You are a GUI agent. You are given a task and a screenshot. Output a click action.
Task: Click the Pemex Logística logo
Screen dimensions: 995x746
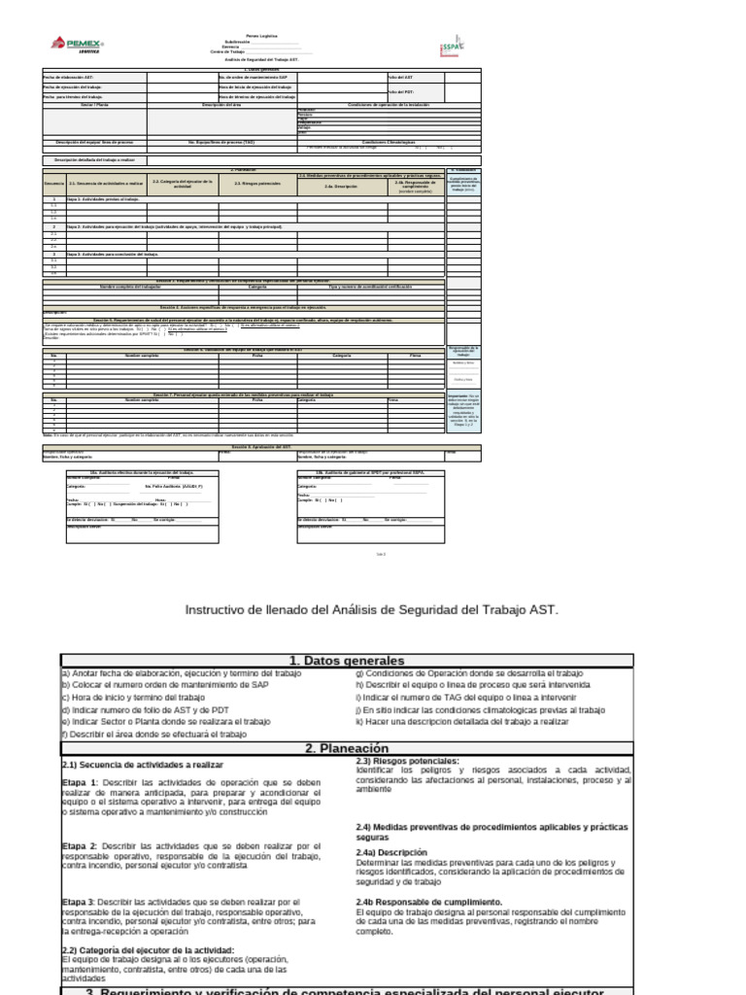78,46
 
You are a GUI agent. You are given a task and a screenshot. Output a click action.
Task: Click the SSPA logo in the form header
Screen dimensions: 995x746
454,47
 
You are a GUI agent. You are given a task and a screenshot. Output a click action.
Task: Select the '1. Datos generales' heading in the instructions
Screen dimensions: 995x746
347,661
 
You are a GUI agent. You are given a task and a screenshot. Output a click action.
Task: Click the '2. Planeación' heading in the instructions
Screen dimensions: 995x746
347,748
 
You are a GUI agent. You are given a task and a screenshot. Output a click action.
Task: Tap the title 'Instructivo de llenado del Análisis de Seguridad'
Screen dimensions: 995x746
372,610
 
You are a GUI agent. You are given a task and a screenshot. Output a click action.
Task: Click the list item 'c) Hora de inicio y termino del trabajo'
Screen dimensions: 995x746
133,698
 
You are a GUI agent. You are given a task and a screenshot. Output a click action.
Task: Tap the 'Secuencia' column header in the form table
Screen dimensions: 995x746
53,183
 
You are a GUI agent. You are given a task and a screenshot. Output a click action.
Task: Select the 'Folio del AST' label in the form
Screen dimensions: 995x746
401,76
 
